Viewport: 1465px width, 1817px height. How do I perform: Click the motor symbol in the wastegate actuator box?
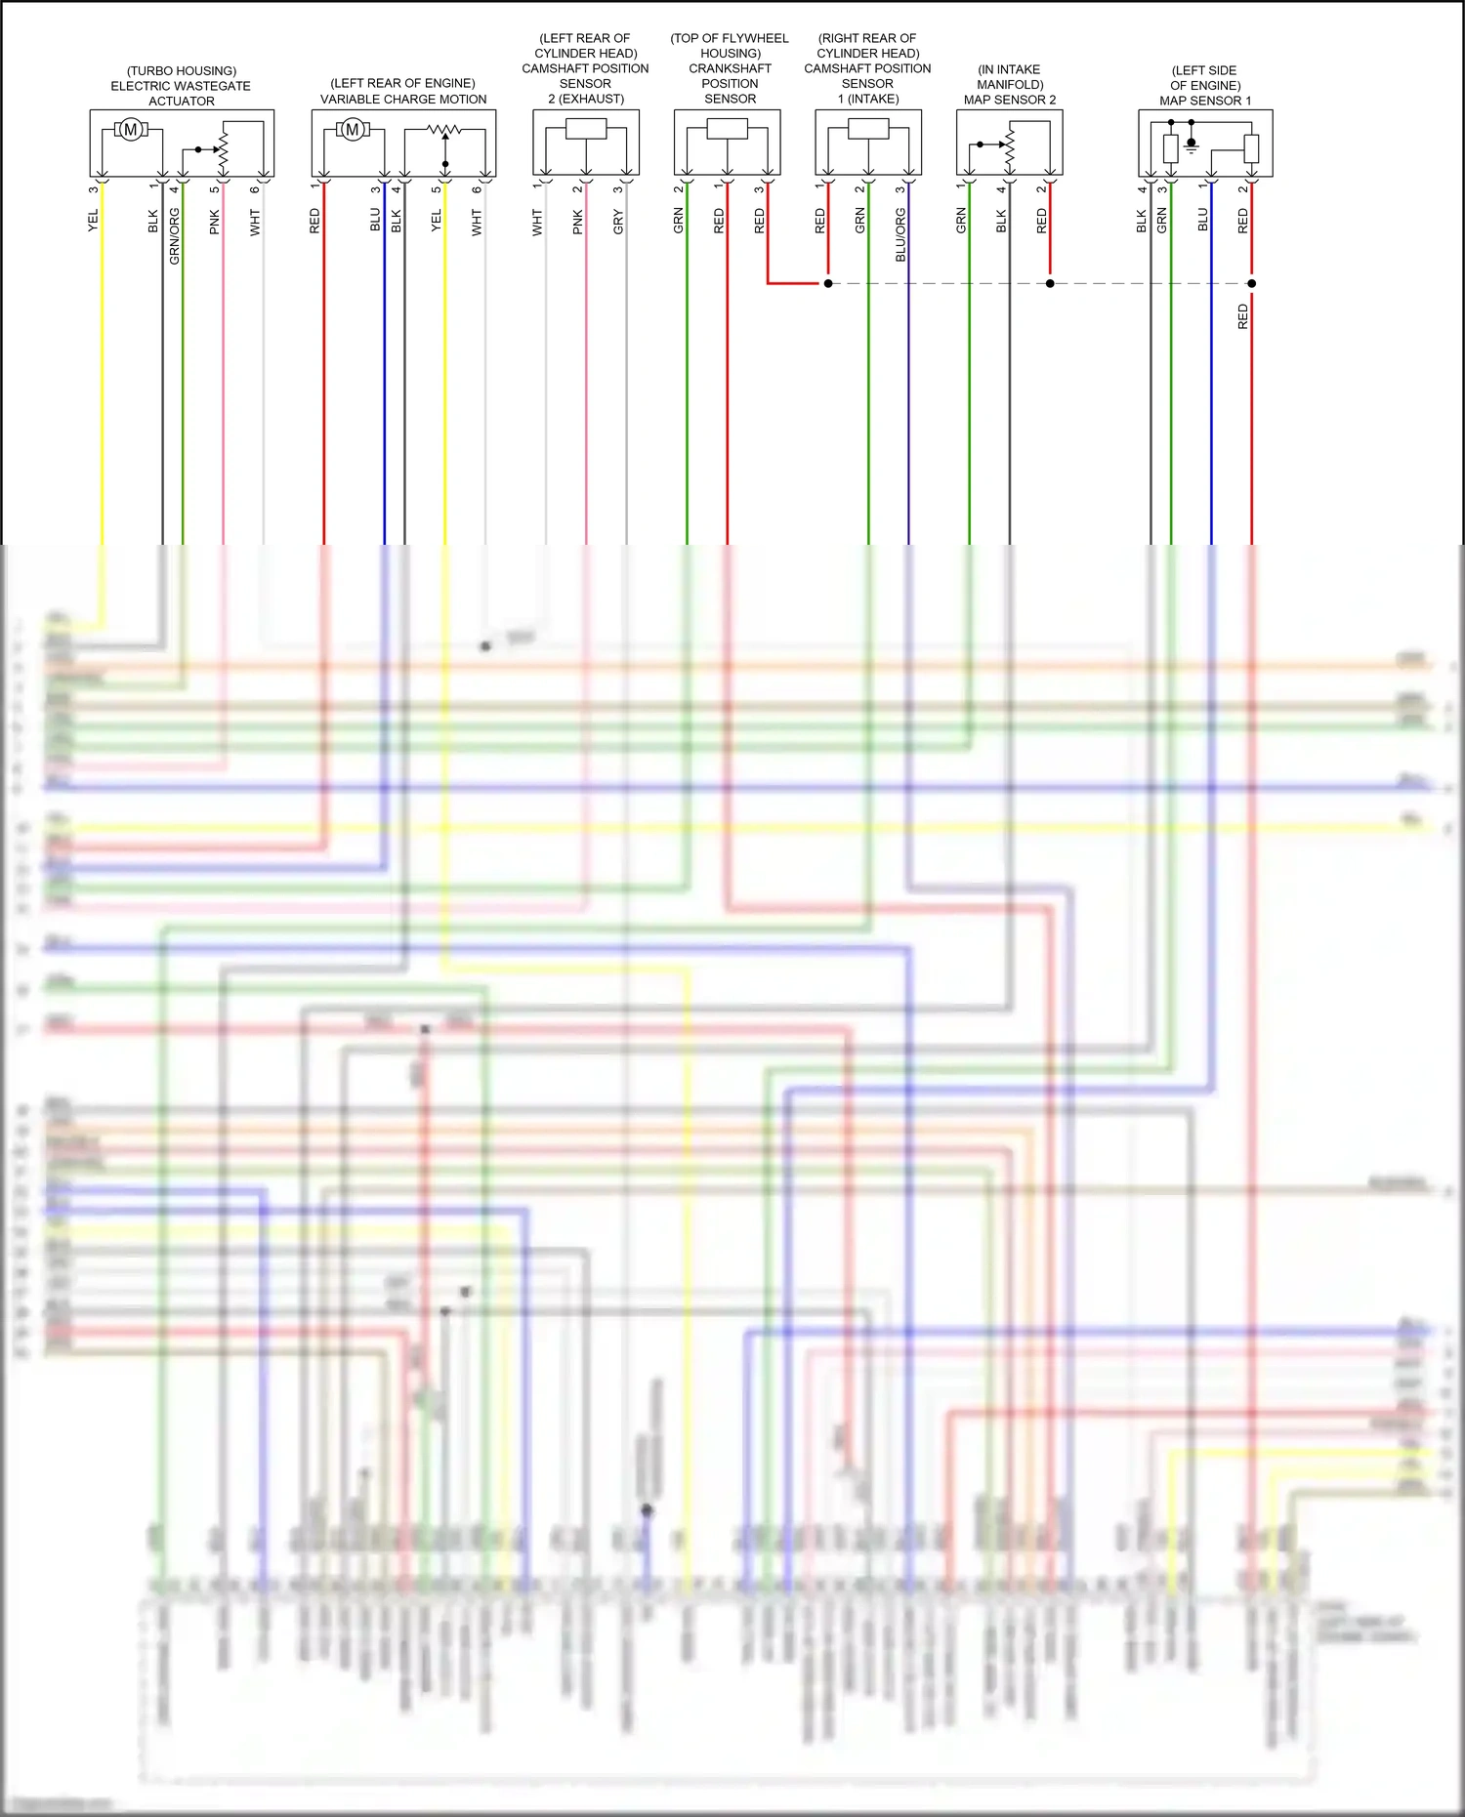click(x=130, y=130)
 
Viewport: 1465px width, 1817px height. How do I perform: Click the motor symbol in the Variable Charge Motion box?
click(x=353, y=130)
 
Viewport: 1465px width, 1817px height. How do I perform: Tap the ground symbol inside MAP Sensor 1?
click(x=1192, y=147)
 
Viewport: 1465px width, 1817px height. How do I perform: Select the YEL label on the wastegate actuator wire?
click(x=94, y=220)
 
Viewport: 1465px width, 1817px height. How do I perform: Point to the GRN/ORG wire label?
click(x=175, y=236)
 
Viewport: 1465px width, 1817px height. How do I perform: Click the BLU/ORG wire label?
click(x=900, y=234)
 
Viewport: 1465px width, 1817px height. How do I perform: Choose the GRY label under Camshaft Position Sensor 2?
click(x=618, y=223)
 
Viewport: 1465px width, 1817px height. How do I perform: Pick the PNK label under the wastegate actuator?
click(x=215, y=222)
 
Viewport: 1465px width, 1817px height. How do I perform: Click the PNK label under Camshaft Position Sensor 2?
click(x=578, y=222)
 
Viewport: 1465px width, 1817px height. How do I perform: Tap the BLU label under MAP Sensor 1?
click(x=1203, y=220)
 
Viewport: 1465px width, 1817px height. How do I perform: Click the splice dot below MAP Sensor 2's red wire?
click(x=1050, y=283)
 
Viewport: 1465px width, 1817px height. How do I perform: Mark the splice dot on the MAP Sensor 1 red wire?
click(x=1252, y=283)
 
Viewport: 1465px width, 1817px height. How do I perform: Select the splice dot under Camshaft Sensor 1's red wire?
click(x=828, y=283)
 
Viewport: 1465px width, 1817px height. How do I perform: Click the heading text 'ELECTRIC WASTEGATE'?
click(x=181, y=86)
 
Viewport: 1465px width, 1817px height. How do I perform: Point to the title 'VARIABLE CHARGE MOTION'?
click(x=403, y=99)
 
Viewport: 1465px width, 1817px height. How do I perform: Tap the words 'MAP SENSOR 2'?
click(x=1010, y=100)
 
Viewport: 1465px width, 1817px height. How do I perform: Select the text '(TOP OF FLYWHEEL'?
click(x=730, y=38)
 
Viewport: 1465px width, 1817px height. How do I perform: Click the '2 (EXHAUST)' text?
click(x=586, y=99)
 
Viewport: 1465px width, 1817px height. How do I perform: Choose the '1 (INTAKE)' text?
click(x=868, y=99)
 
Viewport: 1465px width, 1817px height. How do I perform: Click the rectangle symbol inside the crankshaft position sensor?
click(x=728, y=129)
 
